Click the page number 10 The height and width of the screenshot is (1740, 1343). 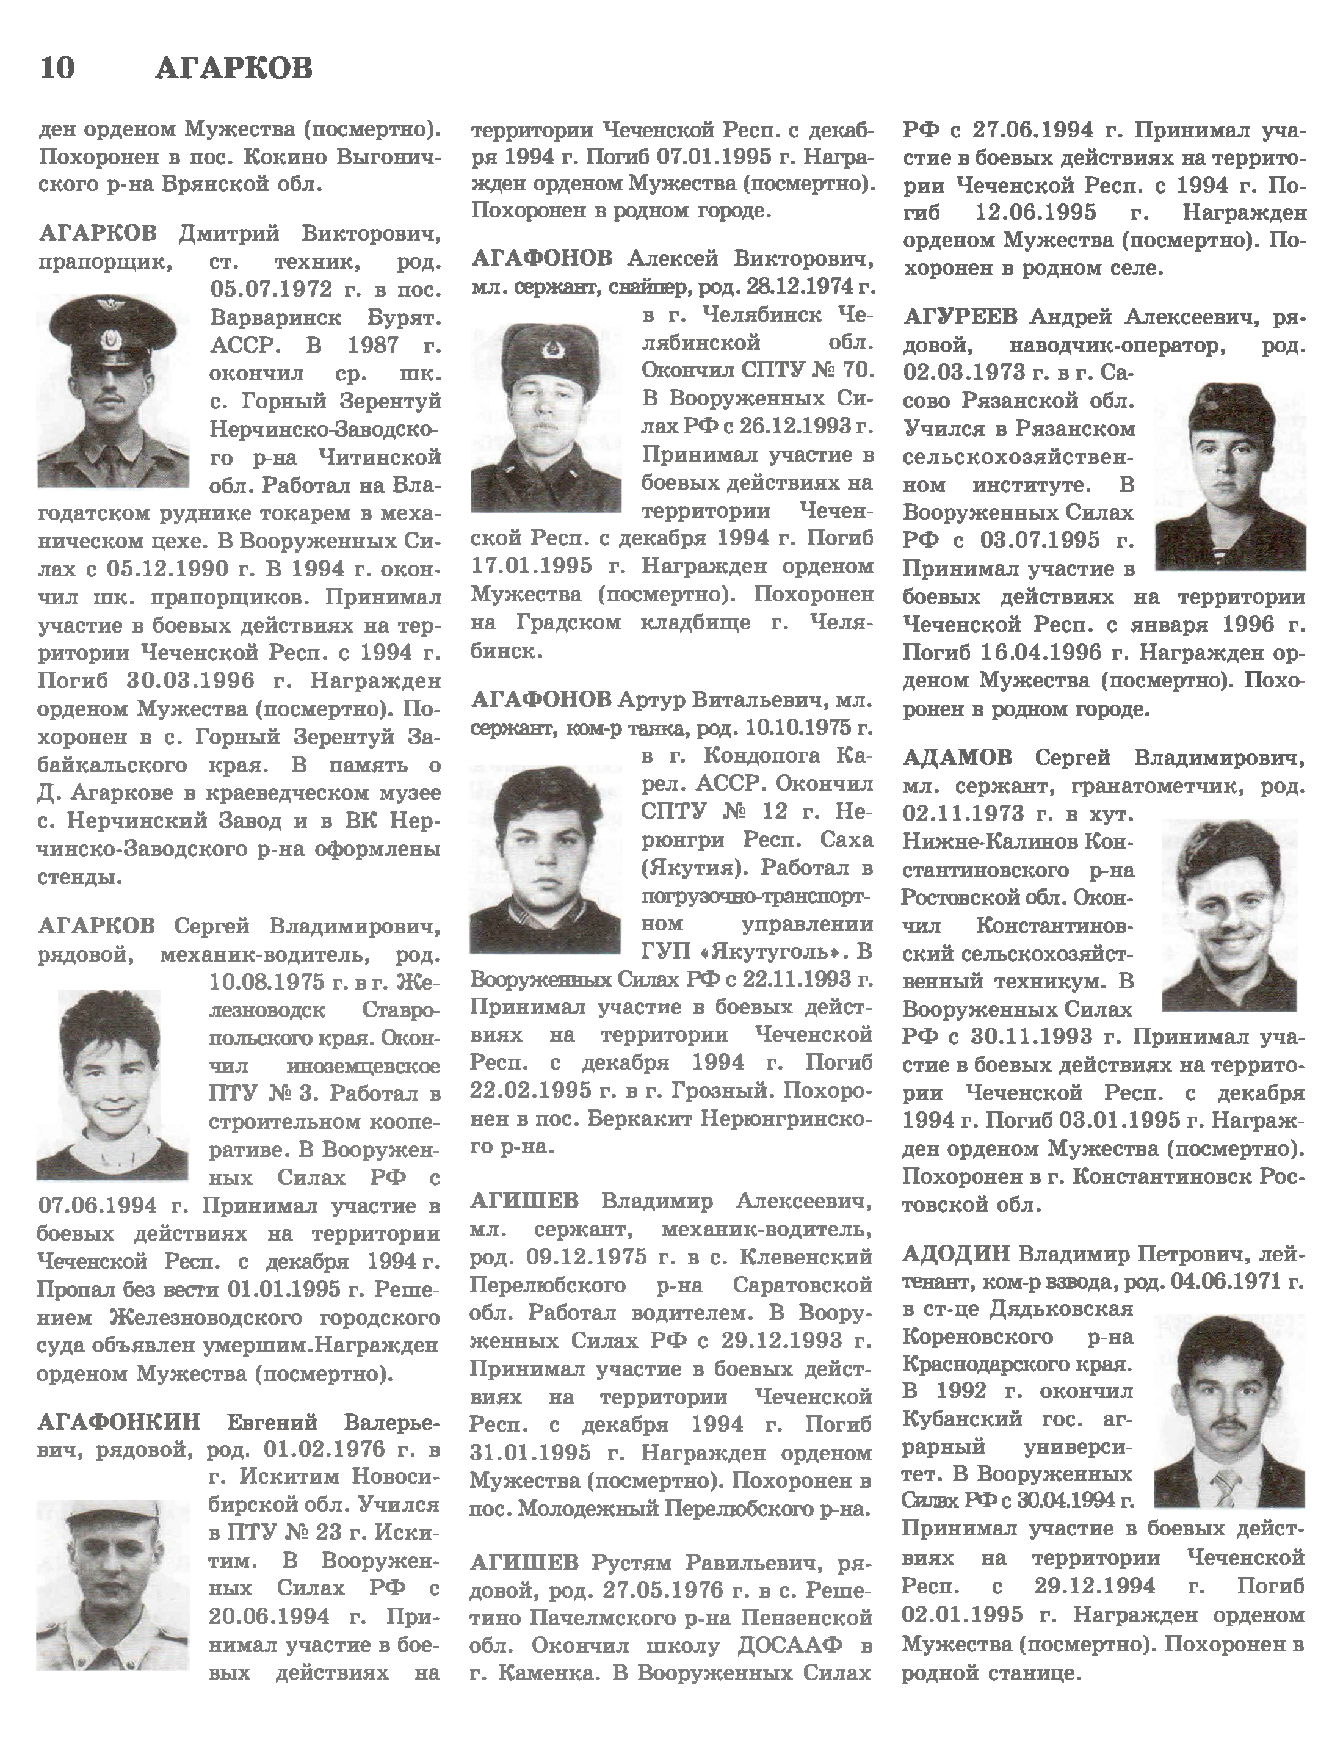point(57,68)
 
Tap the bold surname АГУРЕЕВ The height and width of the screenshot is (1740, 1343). point(961,317)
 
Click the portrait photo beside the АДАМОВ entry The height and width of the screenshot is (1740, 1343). point(1228,915)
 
